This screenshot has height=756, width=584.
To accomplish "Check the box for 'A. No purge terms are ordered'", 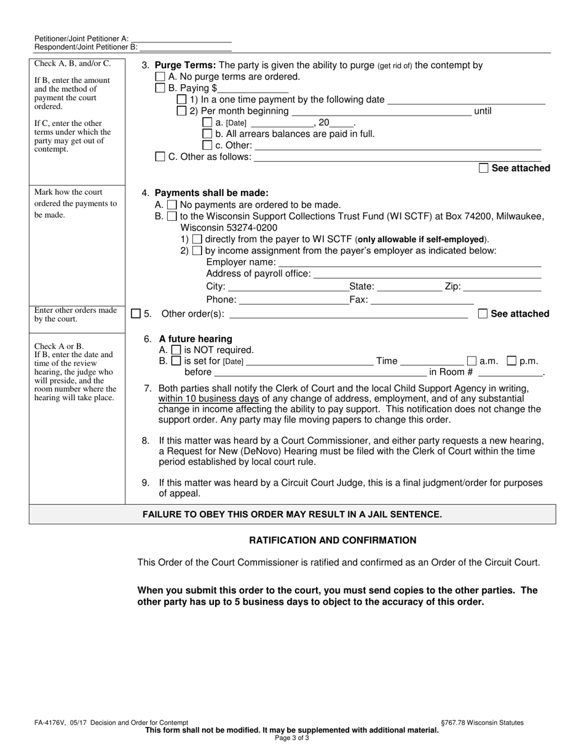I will point(160,77).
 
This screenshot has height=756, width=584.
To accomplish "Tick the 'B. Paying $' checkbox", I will point(160,89).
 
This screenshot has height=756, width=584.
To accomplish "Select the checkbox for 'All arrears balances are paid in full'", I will point(207,134).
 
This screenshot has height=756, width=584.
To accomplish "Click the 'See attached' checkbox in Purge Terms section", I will point(484,168).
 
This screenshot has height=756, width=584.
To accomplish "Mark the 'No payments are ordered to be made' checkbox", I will point(172,205).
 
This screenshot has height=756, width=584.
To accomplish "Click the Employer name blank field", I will point(409,262).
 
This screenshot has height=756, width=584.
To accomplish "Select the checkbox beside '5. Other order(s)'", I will point(136,314).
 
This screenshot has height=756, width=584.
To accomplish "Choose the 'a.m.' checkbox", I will point(472,361).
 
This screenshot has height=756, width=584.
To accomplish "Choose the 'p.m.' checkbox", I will point(511,361).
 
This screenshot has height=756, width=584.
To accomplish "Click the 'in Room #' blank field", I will point(510,372).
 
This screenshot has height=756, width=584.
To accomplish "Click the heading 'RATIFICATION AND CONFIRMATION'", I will point(333,540).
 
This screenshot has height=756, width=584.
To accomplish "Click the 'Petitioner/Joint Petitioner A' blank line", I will point(181,38).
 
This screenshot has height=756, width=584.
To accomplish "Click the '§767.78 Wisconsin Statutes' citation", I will point(483,723).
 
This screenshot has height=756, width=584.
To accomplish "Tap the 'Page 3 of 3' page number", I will point(292,738).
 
